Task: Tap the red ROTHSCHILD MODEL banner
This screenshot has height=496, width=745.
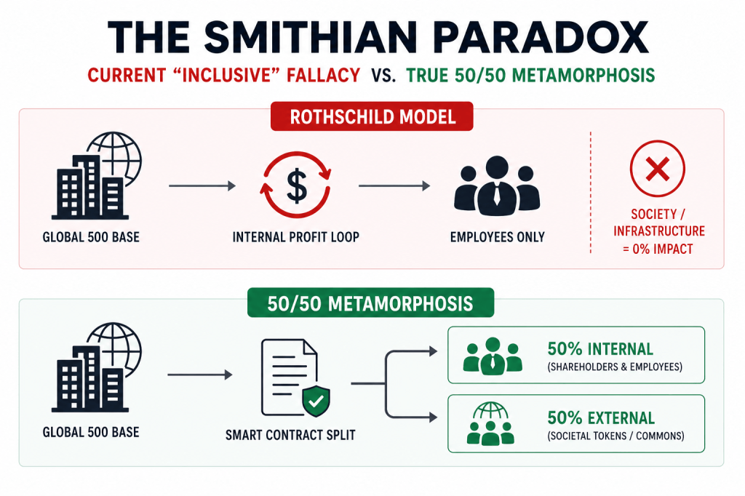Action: (x=372, y=116)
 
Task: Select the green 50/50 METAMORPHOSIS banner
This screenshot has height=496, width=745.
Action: (x=370, y=303)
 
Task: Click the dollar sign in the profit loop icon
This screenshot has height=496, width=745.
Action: (x=297, y=185)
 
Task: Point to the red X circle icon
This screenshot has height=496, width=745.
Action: (x=658, y=169)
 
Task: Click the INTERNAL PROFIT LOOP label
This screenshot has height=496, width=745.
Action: (x=295, y=237)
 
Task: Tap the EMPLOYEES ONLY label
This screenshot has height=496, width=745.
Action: (x=498, y=237)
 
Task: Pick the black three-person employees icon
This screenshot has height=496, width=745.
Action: (x=497, y=185)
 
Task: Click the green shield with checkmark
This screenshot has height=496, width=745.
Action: (x=316, y=401)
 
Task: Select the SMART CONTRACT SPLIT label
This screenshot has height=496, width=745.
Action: (x=290, y=435)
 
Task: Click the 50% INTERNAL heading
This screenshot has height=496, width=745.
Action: (x=600, y=349)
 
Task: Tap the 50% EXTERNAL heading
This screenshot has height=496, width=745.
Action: (x=601, y=418)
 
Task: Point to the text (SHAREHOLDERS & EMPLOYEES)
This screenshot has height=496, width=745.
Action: (x=615, y=367)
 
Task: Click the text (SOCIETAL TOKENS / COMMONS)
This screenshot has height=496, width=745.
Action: (x=615, y=436)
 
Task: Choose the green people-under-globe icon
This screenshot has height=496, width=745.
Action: (x=490, y=423)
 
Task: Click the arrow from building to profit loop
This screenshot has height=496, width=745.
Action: (x=202, y=185)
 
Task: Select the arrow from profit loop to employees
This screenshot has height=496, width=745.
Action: (x=394, y=185)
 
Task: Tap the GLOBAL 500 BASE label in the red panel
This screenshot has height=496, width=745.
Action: (x=91, y=237)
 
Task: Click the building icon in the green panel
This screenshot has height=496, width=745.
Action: (x=97, y=367)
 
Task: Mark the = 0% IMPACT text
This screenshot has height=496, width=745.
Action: (x=658, y=249)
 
